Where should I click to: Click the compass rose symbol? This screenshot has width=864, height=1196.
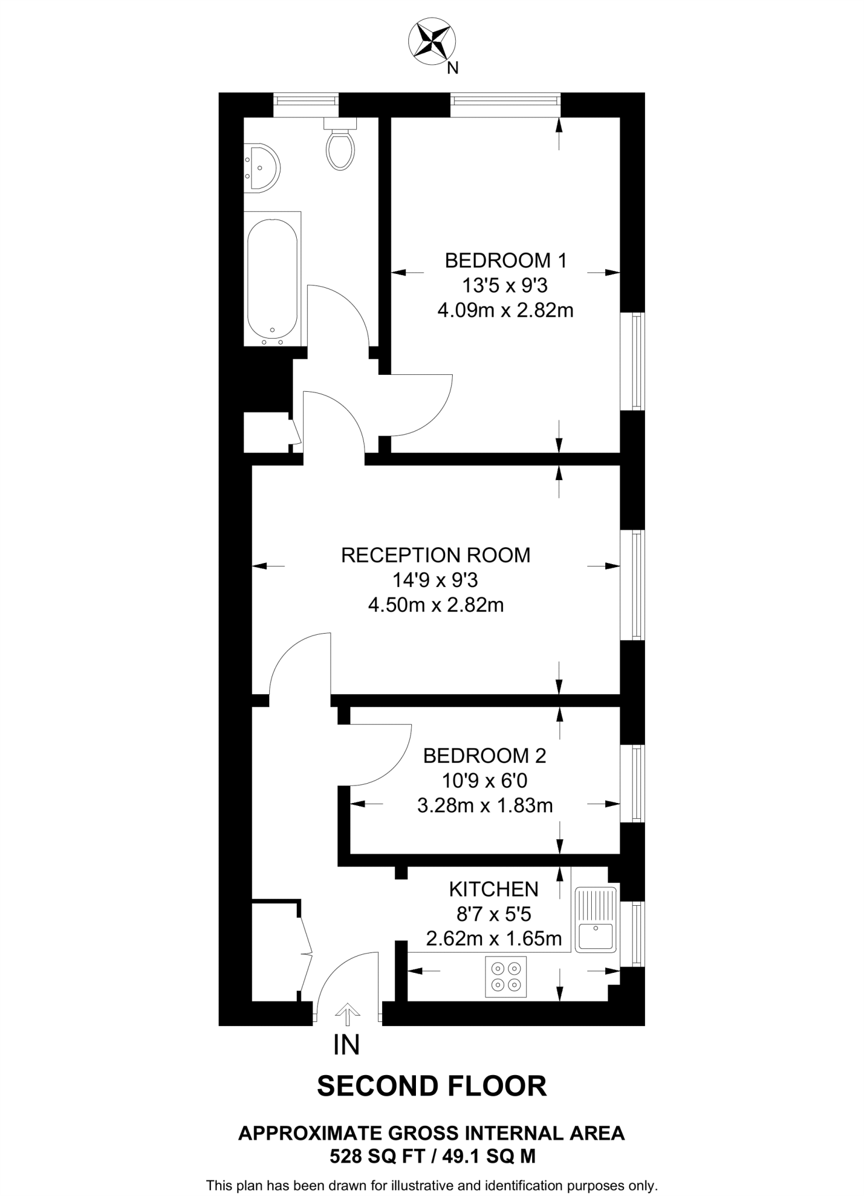432,40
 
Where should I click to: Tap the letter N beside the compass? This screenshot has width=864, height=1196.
452,69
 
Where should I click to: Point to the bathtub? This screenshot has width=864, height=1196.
272,279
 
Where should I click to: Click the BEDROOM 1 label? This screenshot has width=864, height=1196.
505,260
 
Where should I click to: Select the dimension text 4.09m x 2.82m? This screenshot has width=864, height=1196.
505,310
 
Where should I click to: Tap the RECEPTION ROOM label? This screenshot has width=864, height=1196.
435,555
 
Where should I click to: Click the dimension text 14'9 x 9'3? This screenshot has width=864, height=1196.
435,580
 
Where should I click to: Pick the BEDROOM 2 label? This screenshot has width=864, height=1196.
484,756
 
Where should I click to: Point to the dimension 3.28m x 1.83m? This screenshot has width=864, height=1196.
484,806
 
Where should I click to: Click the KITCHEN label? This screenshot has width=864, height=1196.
494,889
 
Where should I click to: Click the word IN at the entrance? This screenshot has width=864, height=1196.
346,1045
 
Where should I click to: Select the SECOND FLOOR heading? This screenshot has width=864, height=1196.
432,1086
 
